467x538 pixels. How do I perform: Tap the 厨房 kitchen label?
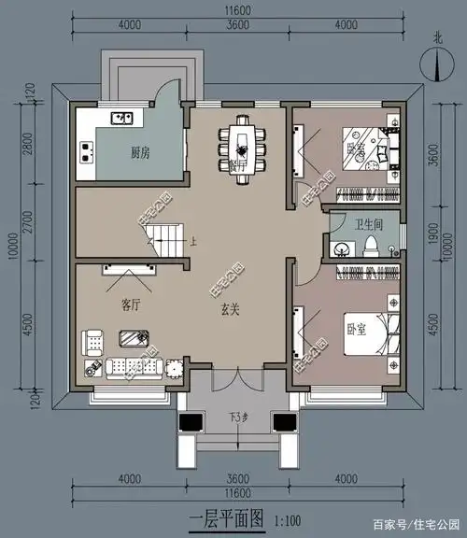coord(141,152)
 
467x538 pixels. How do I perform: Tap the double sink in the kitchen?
coord(121,119)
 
